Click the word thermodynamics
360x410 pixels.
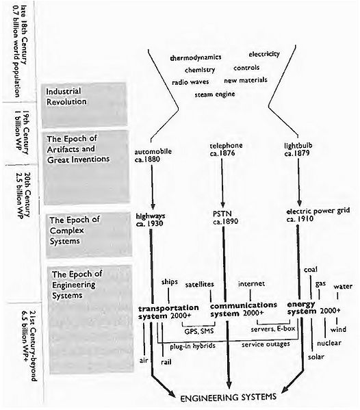[x=196, y=57]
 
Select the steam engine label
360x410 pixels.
[x=215, y=94]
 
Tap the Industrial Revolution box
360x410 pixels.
[x=84, y=105]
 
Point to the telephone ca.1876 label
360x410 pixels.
[x=226, y=149]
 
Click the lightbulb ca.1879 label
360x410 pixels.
[x=298, y=149]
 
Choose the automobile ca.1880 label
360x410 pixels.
[x=153, y=155]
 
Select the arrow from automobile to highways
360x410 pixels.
[x=153, y=188]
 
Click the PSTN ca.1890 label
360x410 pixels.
[x=225, y=218]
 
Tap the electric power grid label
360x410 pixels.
[x=318, y=215]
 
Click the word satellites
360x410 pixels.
[x=199, y=285]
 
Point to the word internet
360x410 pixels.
[x=251, y=283]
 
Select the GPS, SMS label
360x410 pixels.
[x=199, y=331]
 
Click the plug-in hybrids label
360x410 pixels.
[x=193, y=346]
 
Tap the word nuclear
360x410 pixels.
[x=329, y=343]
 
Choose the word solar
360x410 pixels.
[x=316, y=357]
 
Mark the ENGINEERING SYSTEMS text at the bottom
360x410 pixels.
[x=228, y=397]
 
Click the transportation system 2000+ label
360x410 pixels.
[x=168, y=311]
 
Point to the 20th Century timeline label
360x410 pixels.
[x=23, y=195]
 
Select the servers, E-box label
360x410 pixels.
[x=272, y=329]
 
